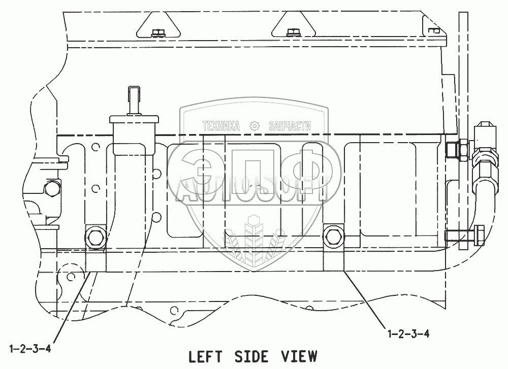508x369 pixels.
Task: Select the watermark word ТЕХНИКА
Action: tap(220, 126)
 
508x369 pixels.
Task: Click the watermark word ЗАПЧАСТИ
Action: tap(289, 126)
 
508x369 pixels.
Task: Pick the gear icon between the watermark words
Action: tap(255, 126)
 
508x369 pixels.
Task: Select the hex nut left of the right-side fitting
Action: tap(452, 150)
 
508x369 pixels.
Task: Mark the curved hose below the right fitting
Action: tap(480, 198)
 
